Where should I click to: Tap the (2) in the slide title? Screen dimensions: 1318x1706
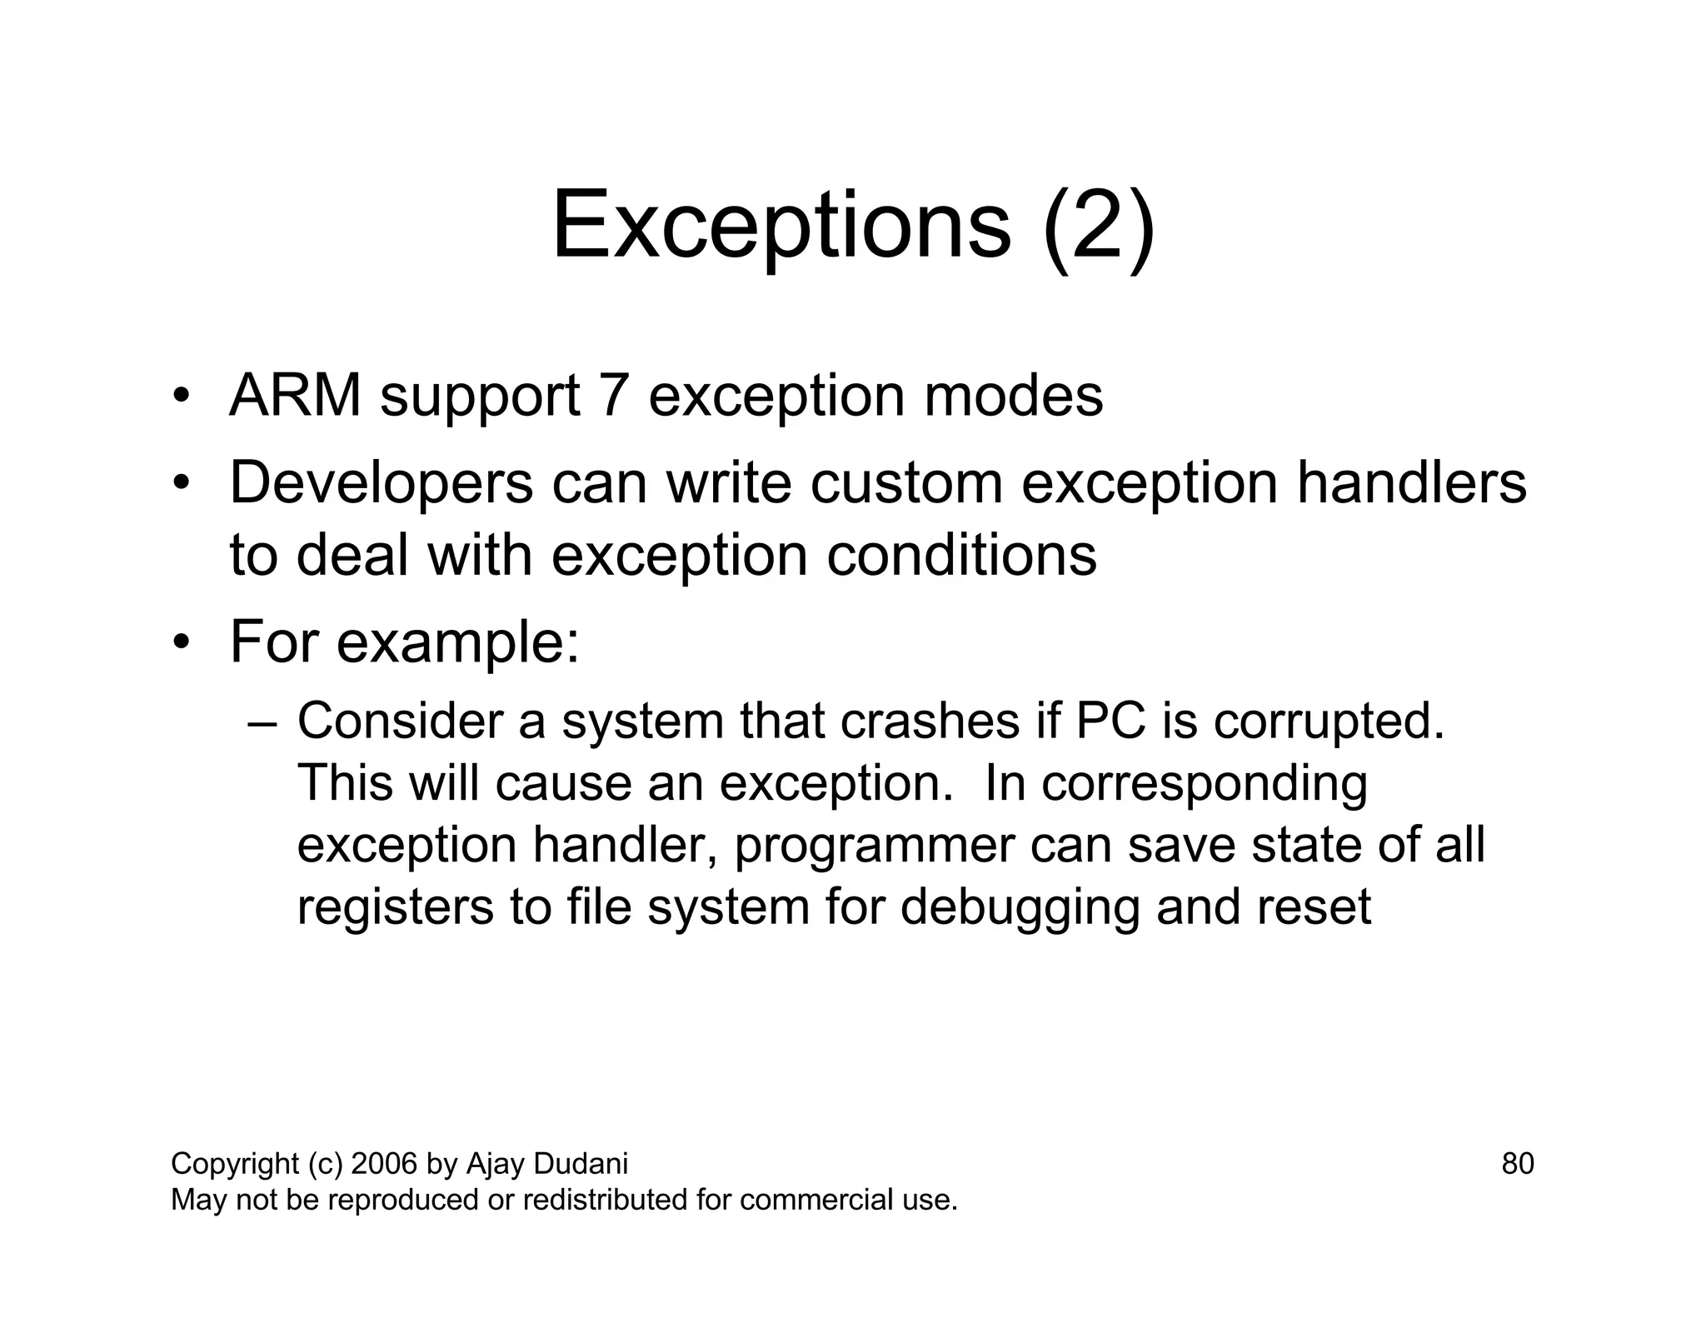click(x=1099, y=227)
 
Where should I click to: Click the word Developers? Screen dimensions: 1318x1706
click(x=381, y=483)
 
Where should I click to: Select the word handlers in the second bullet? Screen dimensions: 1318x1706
click(x=1411, y=483)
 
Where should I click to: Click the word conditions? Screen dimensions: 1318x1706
click(x=961, y=556)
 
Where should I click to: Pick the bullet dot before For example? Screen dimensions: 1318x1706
click(x=182, y=642)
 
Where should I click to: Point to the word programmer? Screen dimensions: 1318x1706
click(x=874, y=846)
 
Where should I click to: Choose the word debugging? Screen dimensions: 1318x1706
click(x=1020, y=908)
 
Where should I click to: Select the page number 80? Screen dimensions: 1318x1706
click(x=1517, y=1163)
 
